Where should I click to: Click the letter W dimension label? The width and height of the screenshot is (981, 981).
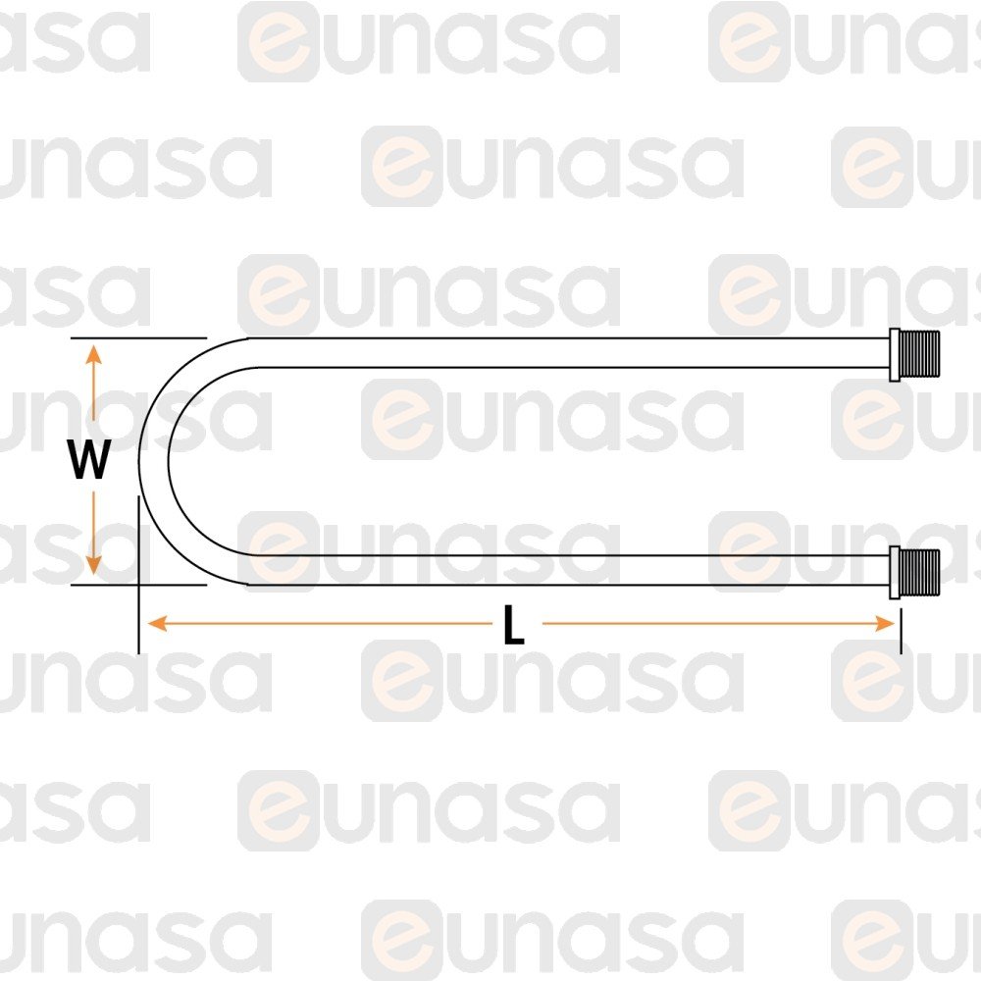[x=89, y=459]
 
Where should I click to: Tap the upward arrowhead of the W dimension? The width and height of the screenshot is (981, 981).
[x=93, y=354]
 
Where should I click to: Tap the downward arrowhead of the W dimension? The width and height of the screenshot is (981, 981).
[x=93, y=564]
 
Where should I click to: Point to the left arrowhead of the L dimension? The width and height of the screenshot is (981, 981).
[x=157, y=624]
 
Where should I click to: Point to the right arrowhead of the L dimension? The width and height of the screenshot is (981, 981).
[x=885, y=624]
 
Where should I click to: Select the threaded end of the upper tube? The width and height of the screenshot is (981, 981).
[x=920, y=353]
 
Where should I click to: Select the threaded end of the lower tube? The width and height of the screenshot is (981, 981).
[x=920, y=572]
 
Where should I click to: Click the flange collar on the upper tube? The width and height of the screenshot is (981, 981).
[x=895, y=354]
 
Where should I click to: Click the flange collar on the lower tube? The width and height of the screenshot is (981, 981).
[x=895, y=573]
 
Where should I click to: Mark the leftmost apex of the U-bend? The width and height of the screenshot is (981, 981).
[x=139, y=461]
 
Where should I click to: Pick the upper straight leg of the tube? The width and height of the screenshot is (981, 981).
[x=569, y=352]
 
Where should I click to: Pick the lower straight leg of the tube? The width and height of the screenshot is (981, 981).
[x=569, y=570]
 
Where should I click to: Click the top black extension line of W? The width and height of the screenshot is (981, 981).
[x=138, y=337]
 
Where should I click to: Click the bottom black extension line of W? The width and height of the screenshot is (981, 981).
[x=138, y=586]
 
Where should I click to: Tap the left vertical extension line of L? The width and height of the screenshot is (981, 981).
[x=138, y=575]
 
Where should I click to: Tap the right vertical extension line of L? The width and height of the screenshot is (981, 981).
[x=901, y=632]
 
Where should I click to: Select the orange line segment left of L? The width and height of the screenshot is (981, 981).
[x=320, y=624]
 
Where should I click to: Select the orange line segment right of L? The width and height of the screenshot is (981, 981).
[x=718, y=624]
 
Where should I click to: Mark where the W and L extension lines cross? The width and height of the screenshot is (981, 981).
[x=138, y=586]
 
